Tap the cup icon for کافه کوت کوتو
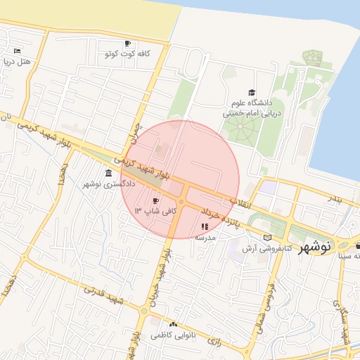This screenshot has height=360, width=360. tap(127, 43)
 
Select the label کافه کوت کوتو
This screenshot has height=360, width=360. tap(129, 54)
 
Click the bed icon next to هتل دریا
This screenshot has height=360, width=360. tap(18, 51)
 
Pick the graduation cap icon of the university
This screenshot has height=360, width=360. tap(252, 93)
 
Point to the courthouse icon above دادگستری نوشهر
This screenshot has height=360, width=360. tap(108, 173)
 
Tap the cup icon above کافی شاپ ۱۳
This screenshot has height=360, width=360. tap(155, 200)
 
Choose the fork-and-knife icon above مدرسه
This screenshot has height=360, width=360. tap(205, 227)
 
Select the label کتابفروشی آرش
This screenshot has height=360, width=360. tap(268, 248)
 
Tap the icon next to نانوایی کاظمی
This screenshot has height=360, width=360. tap(174, 324)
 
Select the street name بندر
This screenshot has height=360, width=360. tap(336, 200)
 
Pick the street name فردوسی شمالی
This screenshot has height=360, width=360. tap(268, 295)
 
